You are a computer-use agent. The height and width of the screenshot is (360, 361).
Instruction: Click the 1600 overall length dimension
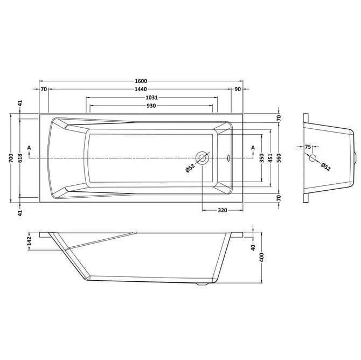tap(142, 81)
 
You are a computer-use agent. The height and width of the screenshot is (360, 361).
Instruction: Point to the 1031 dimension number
tap(151, 98)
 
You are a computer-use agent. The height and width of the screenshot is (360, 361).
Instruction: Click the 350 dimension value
tap(262, 158)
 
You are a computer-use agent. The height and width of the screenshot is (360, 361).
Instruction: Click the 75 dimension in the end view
tap(308, 147)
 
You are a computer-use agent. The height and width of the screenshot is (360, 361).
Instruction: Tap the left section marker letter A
tap(29, 148)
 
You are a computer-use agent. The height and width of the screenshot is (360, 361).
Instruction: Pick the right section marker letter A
tap(252, 148)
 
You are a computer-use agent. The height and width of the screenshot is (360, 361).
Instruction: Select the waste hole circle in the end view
tap(312, 158)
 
